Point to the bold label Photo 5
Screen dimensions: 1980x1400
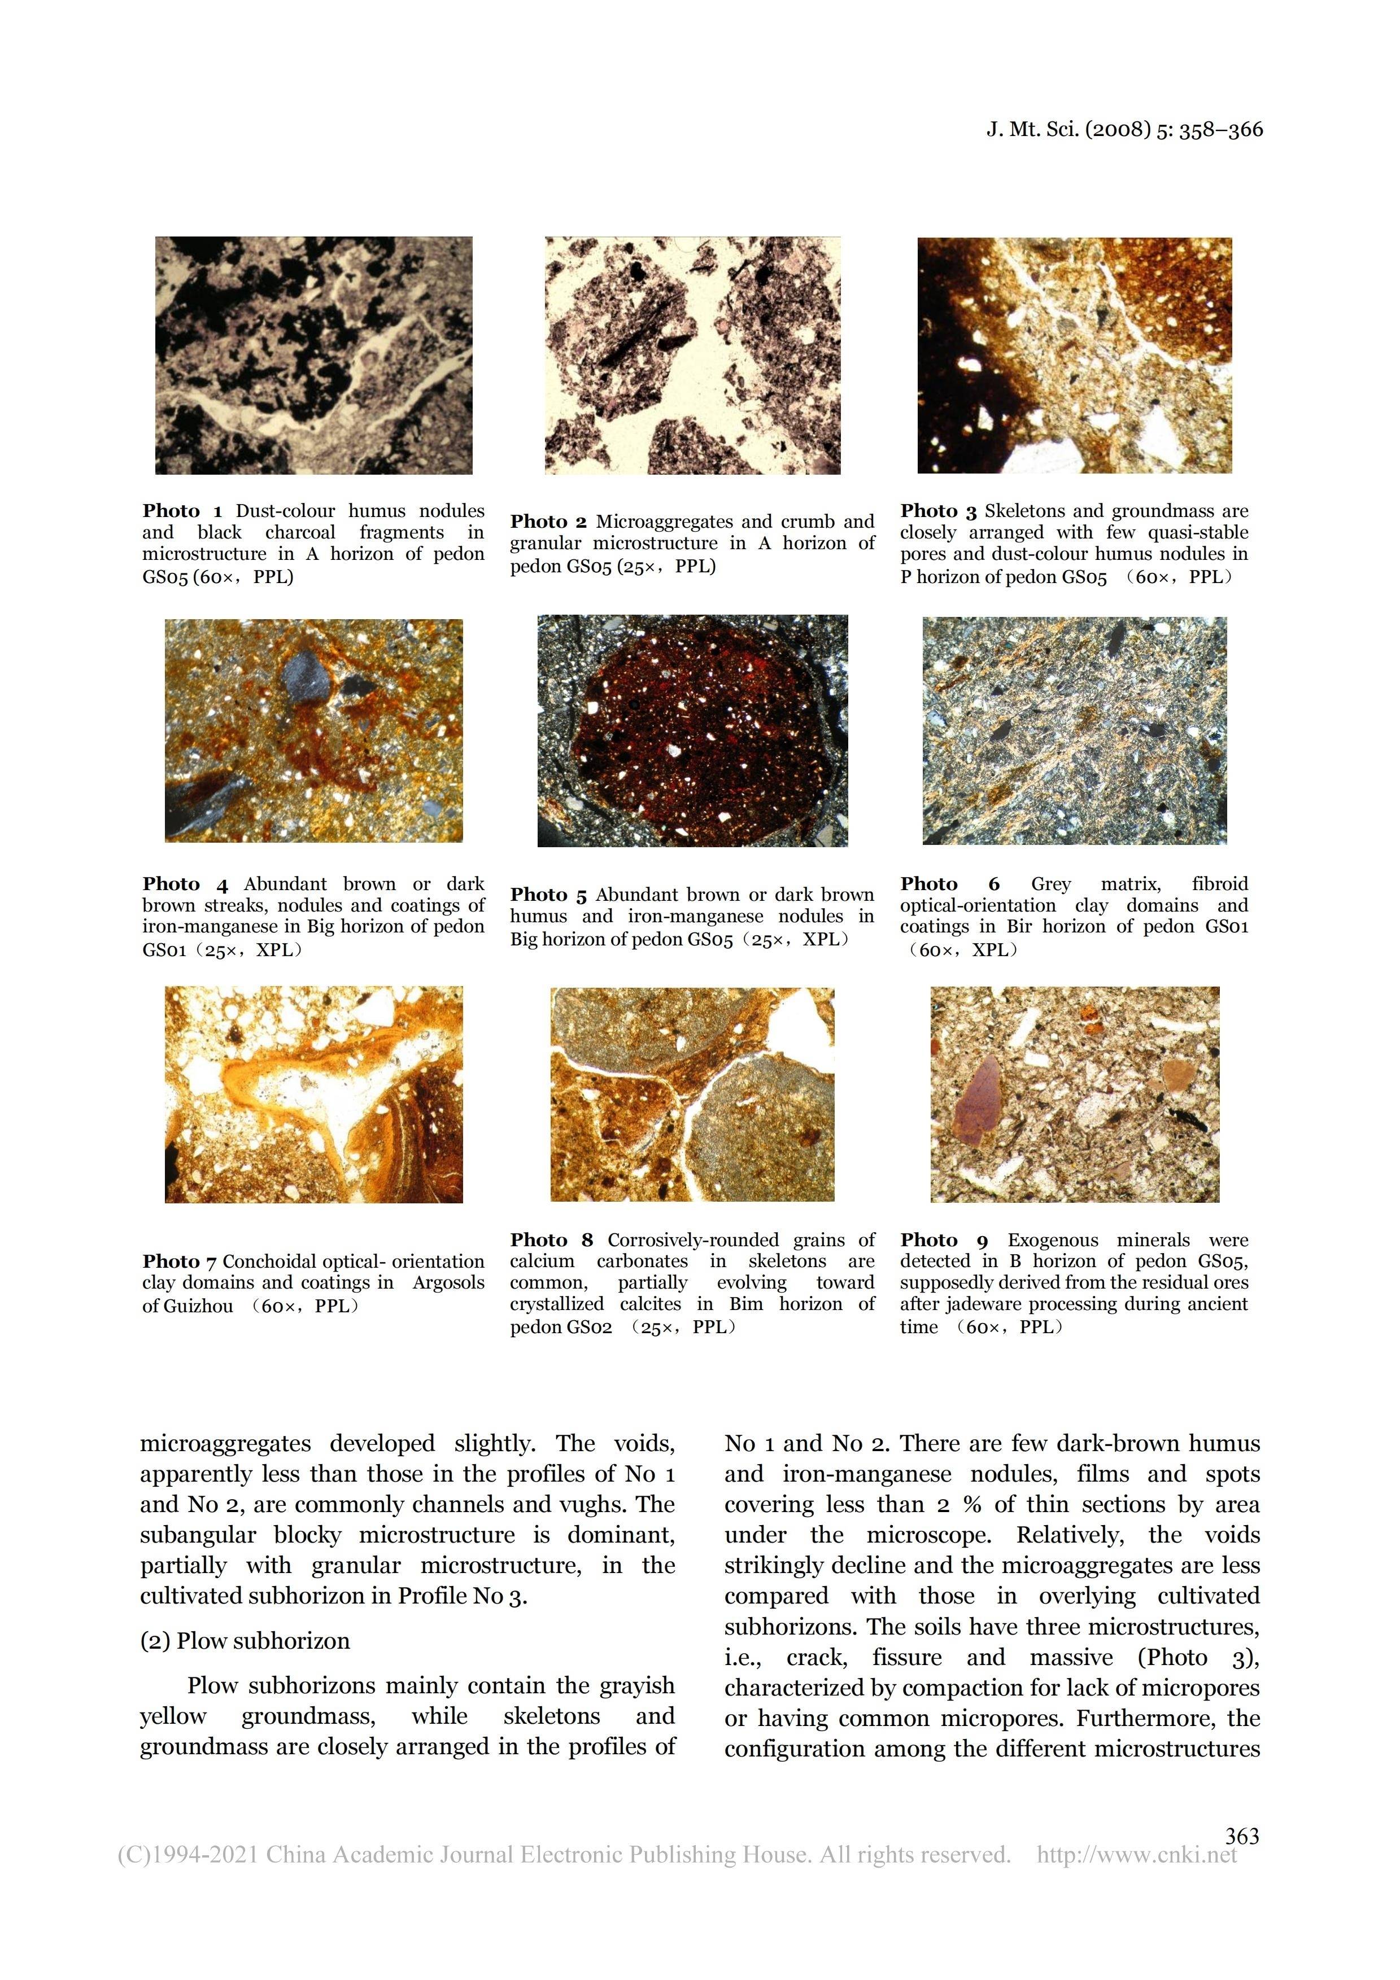point(548,895)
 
